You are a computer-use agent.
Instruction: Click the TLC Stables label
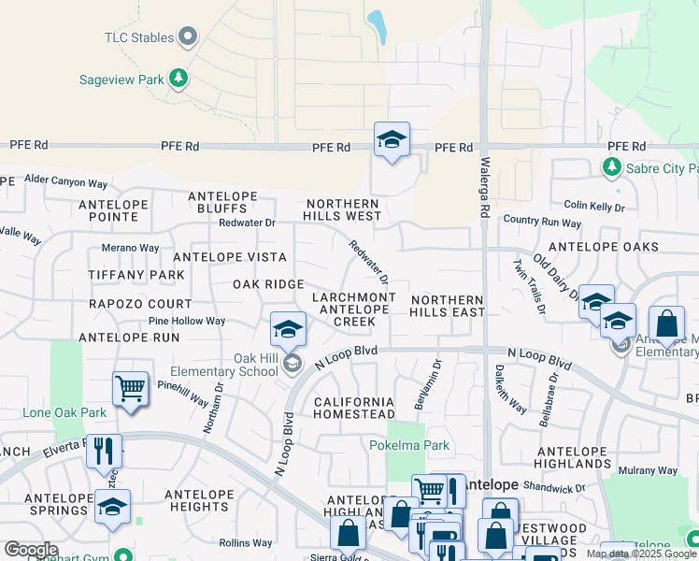click(x=138, y=37)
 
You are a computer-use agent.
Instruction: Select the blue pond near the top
click(x=378, y=27)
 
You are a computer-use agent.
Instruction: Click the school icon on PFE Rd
click(x=392, y=140)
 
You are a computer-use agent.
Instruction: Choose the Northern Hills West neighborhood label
click(x=341, y=209)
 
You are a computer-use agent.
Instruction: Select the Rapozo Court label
click(x=140, y=304)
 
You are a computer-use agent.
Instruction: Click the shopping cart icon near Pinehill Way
click(x=130, y=388)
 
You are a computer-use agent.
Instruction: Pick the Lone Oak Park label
click(x=65, y=412)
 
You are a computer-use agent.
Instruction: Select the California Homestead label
click(x=354, y=408)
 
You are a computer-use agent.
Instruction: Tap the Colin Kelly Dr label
click(x=593, y=206)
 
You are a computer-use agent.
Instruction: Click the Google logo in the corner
click(x=31, y=550)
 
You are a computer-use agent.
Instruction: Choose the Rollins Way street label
click(x=246, y=542)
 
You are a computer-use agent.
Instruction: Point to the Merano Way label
click(x=130, y=248)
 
